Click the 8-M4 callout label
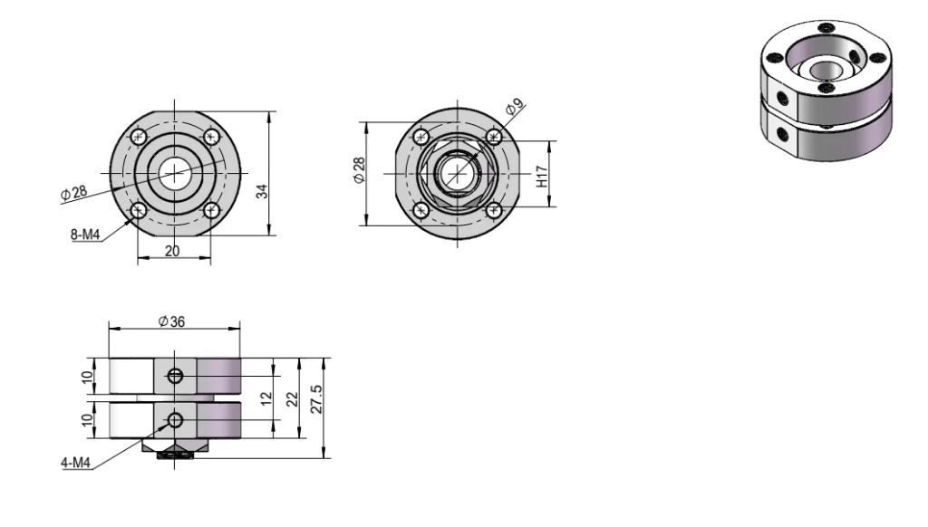coord(85,235)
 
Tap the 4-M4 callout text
coord(76,463)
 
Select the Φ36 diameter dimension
coord(171,321)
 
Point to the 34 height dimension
coord(262,191)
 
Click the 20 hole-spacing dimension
coord(172,252)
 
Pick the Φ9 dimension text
coord(515,107)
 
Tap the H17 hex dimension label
coord(542,177)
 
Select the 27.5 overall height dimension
coord(316,399)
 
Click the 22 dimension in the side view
coord(293,399)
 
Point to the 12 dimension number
coord(266,398)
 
